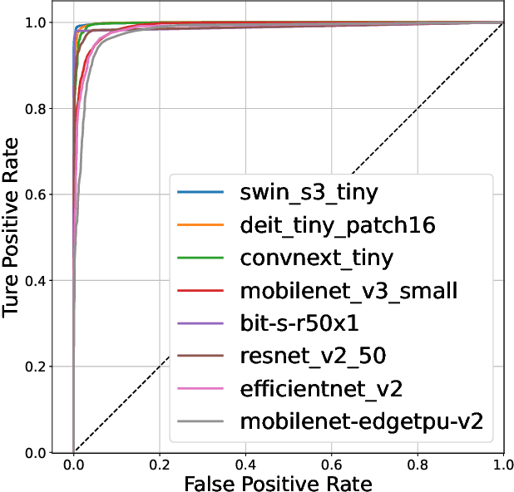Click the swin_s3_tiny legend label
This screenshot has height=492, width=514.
(x=309, y=194)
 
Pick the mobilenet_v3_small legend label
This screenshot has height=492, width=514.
(x=348, y=291)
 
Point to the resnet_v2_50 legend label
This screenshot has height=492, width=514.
(x=312, y=356)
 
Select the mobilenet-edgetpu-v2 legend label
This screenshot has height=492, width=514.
(x=361, y=421)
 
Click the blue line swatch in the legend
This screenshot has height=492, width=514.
(x=200, y=194)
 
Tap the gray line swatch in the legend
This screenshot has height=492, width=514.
(x=200, y=421)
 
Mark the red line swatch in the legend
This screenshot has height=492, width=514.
(x=200, y=291)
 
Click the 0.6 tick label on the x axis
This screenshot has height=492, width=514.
(x=331, y=463)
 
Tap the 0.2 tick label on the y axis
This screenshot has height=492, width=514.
(x=47, y=367)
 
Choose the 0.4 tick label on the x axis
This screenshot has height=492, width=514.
(x=245, y=463)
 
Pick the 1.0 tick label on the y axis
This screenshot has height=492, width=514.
(x=47, y=22)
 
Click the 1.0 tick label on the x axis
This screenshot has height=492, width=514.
(x=502, y=463)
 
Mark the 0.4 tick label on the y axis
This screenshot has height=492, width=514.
(x=47, y=281)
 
